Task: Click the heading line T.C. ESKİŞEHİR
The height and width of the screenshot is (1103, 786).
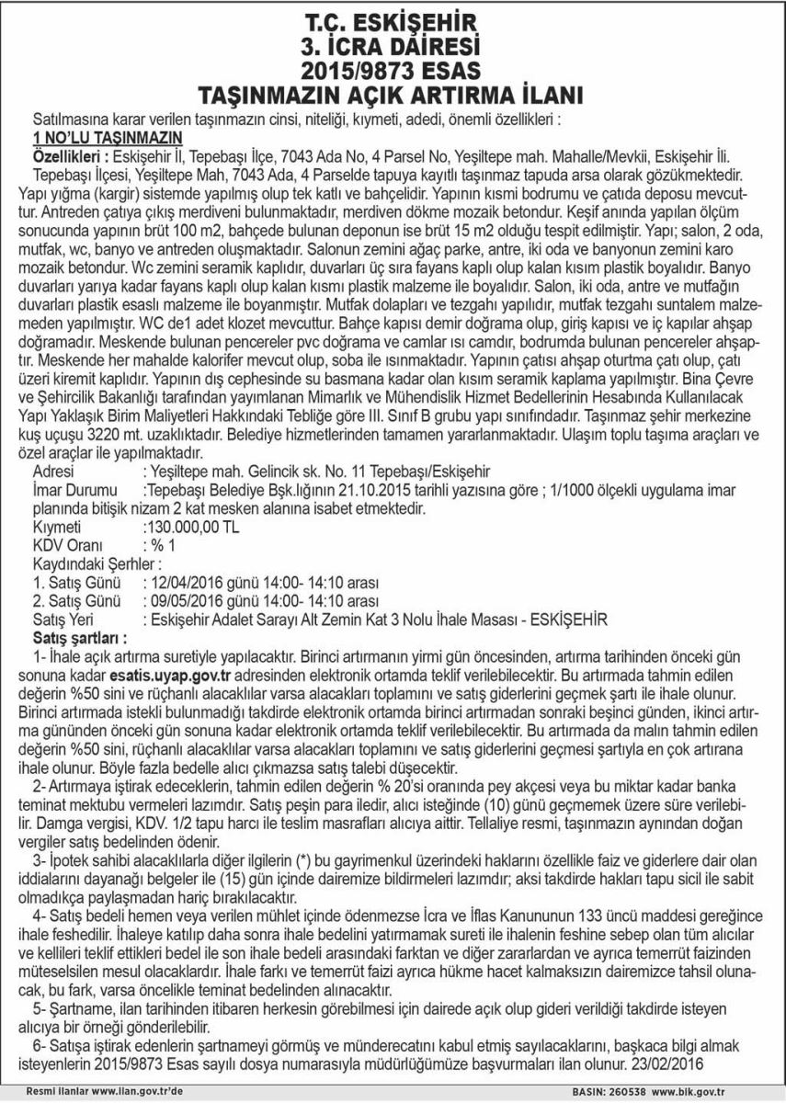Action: (393, 19)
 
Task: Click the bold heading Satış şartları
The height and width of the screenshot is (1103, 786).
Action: (80, 638)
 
